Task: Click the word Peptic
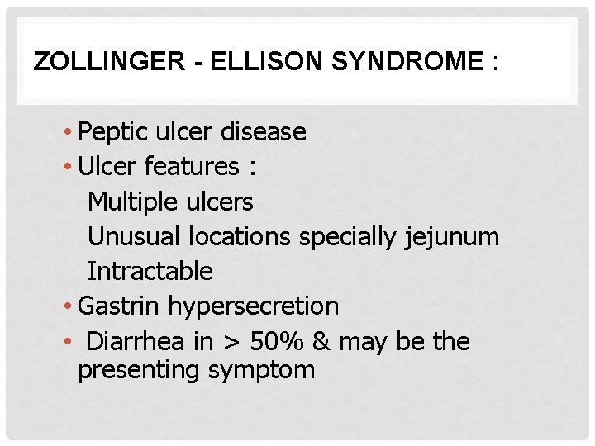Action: (111, 132)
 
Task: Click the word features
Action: (191, 167)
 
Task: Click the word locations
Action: (240, 236)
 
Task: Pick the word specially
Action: (348, 237)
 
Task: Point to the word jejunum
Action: (453, 237)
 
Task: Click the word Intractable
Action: (150, 271)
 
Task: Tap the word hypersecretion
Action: (254, 306)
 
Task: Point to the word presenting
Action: (139, 370)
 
